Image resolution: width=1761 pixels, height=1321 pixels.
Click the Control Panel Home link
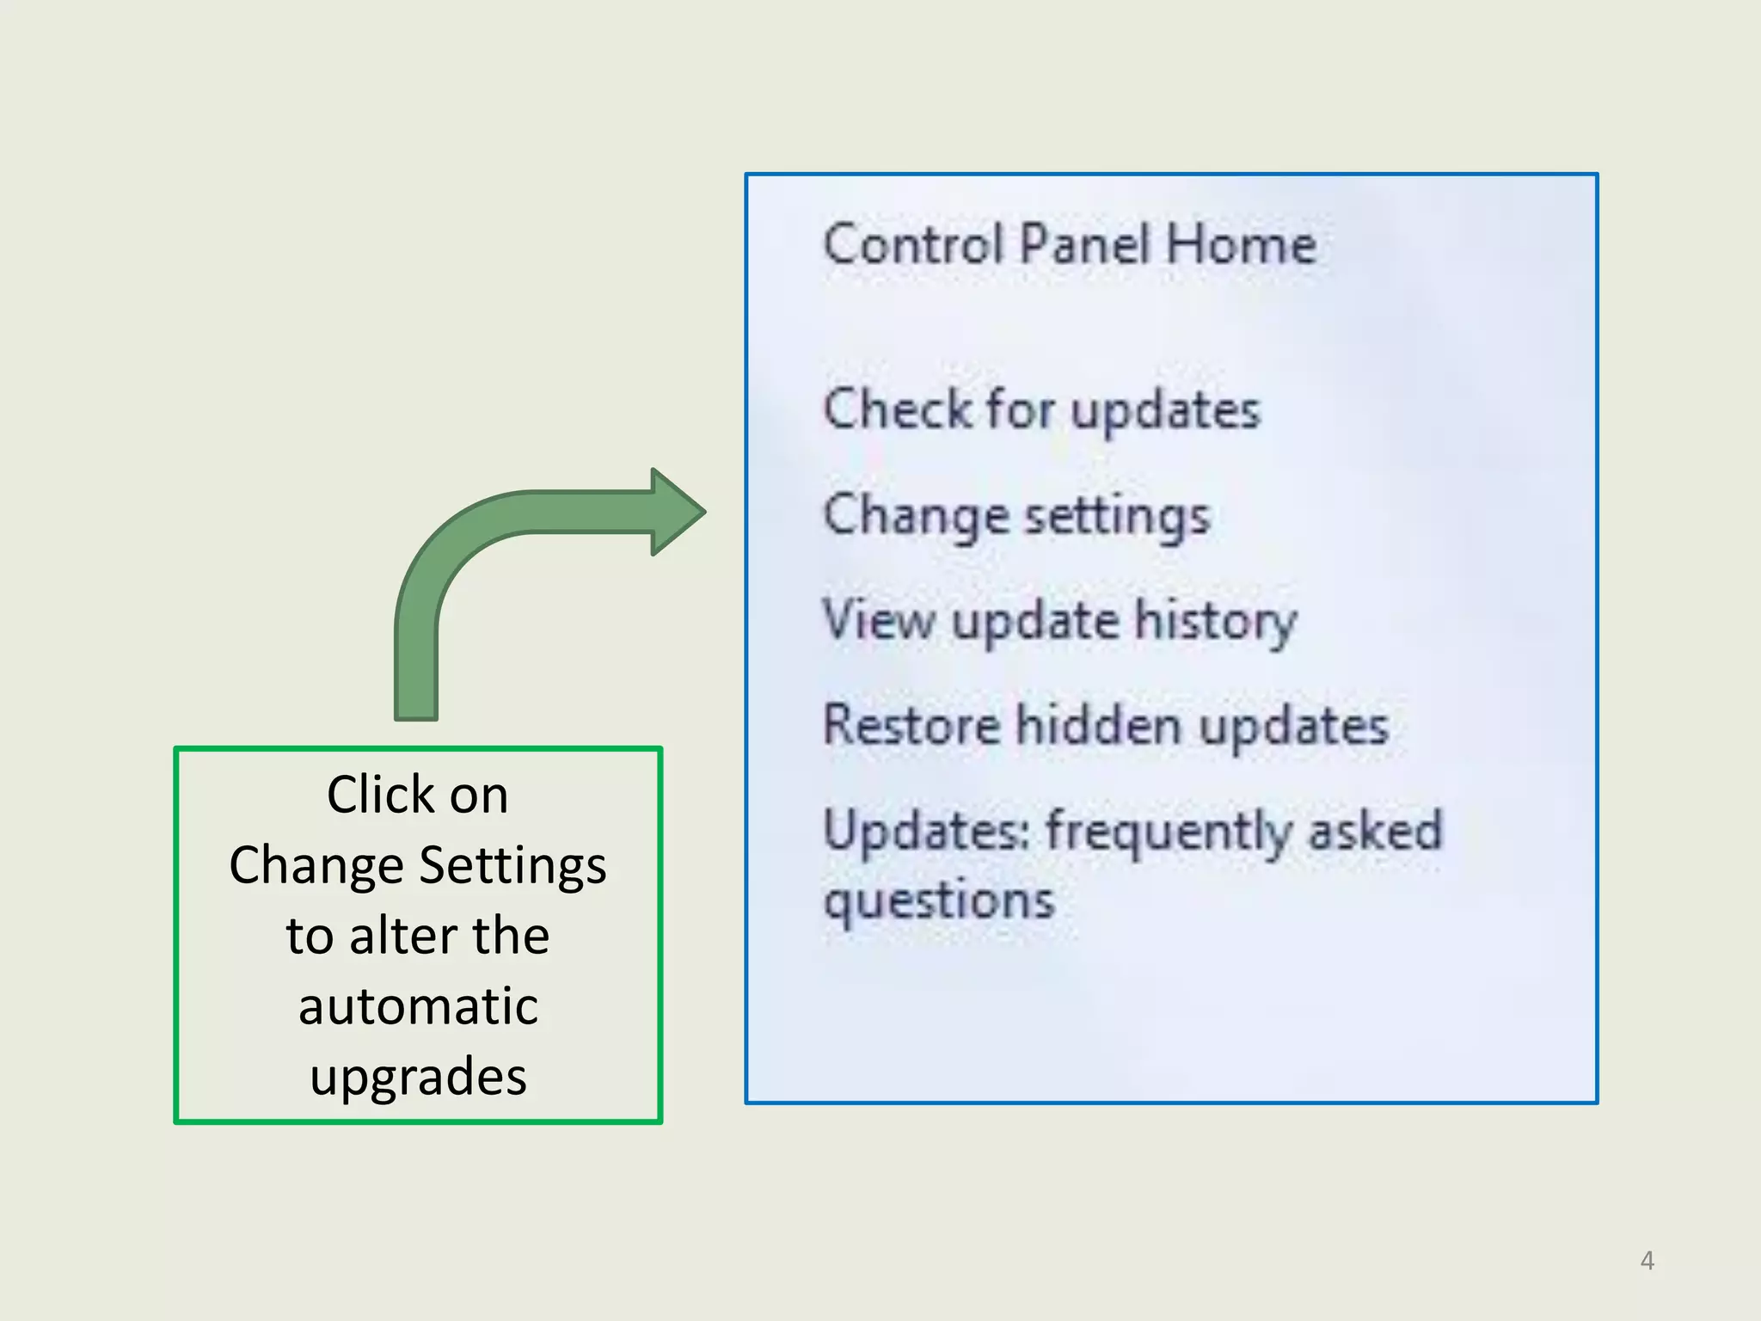(1069, 244)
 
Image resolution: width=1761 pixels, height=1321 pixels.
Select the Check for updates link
(1041, 409)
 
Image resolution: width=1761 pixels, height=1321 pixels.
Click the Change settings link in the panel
(1016, 517)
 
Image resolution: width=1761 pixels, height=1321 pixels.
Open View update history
(1059, 621)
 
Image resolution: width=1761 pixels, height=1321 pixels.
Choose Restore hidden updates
(1106, 725)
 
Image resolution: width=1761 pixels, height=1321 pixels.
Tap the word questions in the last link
(939, 901)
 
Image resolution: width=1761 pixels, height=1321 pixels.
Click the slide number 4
(1647, 1261)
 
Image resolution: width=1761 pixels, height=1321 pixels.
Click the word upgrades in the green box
(418, 1077)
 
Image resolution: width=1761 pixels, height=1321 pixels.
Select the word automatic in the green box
(418, 1006)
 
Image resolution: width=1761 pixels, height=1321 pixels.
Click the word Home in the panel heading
(1241, 244)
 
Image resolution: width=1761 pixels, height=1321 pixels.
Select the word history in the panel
(1215, 621)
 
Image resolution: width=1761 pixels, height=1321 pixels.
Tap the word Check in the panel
(897, 409)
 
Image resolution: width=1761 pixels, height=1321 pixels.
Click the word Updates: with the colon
(926, 831)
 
